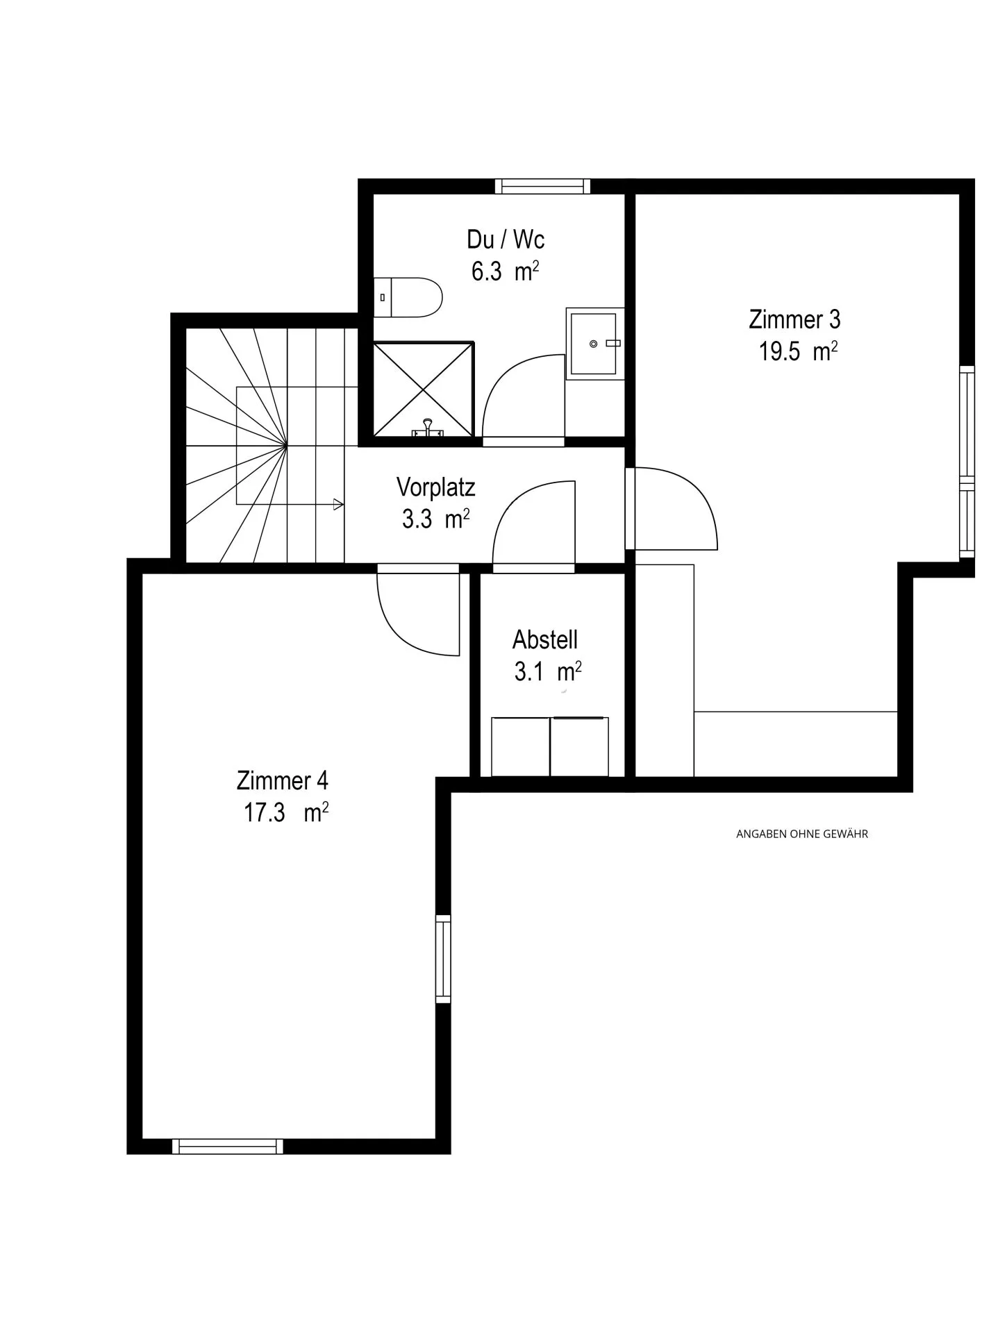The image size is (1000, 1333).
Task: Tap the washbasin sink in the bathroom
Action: pyautogui.click(x=594, y=343)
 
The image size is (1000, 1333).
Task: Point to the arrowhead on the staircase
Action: pyautogui.click(x=338, y=505)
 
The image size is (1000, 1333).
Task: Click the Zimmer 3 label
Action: pyautogui.click(x=794, y=319)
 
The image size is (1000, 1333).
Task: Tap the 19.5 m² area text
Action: pyautogui.click(x=797, y=351)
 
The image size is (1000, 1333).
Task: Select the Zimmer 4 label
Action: pyautogui.click(x=282, y=780)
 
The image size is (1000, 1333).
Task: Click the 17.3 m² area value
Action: pyautogui.click(x=285, y=812)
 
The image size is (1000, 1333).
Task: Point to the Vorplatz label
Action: pyautogui.click(x=436, y=487)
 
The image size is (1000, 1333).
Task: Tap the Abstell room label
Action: pyautogui.click(x=545, y=639)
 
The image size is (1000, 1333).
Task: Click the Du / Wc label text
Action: pyautogui.click(x=506, y=240)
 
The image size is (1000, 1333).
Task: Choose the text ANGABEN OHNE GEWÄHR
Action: pyautogui.click(x=801, y=834)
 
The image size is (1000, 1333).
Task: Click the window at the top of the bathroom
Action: pyautogui.click(x=542, y=186)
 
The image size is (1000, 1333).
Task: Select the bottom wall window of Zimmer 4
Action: pyautogui.click(x=228, y=1146)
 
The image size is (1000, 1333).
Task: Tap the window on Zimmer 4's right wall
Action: pyautogui.click(x=443, y=959)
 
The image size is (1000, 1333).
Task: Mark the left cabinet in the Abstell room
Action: pyautogui.click(x=520, y=746)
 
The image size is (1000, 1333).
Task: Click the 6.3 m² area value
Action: pyautogui.click(x=505, y=271)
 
